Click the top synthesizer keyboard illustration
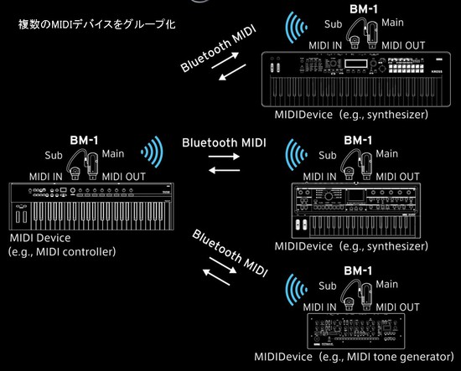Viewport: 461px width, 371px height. click(x=351, y=78)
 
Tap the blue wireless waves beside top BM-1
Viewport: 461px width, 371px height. click(x=295, y=28)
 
